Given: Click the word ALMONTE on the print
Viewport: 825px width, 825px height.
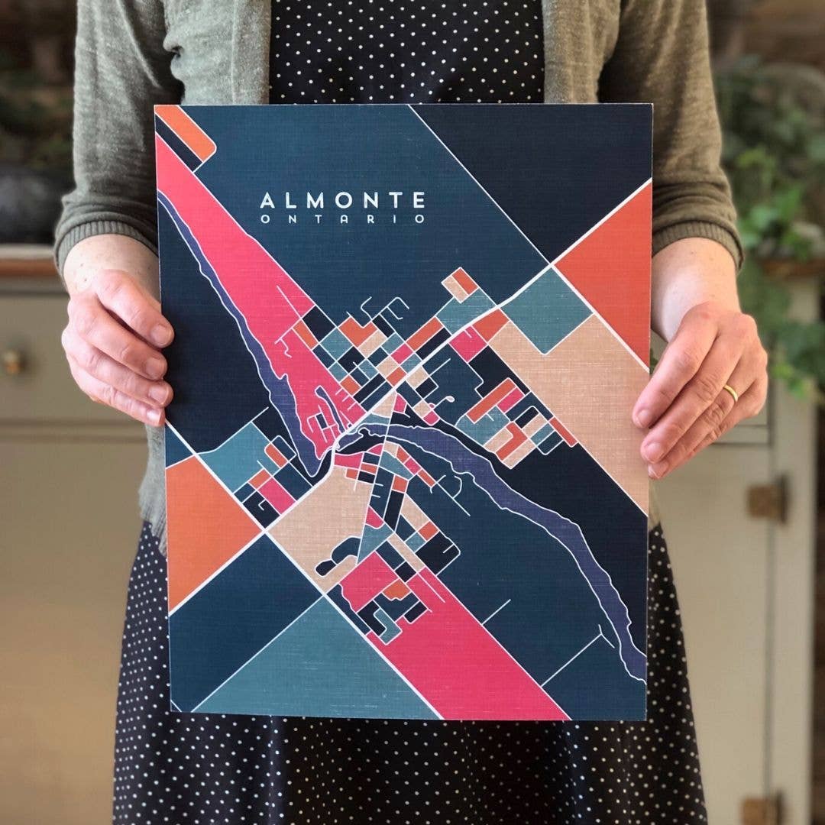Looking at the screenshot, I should (x=342, y=201).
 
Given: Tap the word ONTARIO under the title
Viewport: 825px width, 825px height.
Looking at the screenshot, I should (x=342, y=219).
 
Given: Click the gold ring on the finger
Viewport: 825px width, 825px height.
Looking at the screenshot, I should (x=731, y=393).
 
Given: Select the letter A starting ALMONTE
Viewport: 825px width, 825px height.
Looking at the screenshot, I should (x=267, y=201).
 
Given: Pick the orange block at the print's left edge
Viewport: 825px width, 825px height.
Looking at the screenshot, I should (x=202, y=527).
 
